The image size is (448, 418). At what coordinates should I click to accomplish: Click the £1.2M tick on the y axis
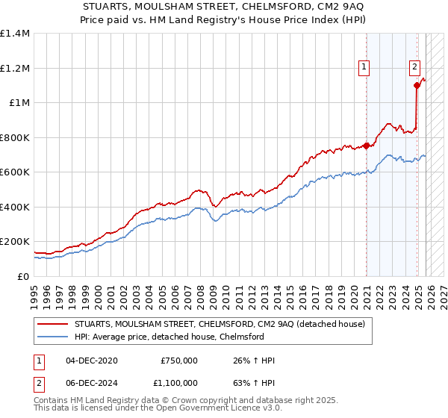[x=15, y=68]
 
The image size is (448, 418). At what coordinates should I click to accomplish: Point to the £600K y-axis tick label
[x=15, y=172]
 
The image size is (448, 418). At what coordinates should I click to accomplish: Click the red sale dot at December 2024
[x=417, y=86]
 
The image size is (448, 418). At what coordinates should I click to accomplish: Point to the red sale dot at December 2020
[x=366, y=146]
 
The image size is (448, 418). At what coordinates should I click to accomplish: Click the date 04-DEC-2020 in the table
[x=92, y=361]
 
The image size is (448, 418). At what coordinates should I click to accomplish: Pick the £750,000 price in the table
[x=179, y=361]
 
